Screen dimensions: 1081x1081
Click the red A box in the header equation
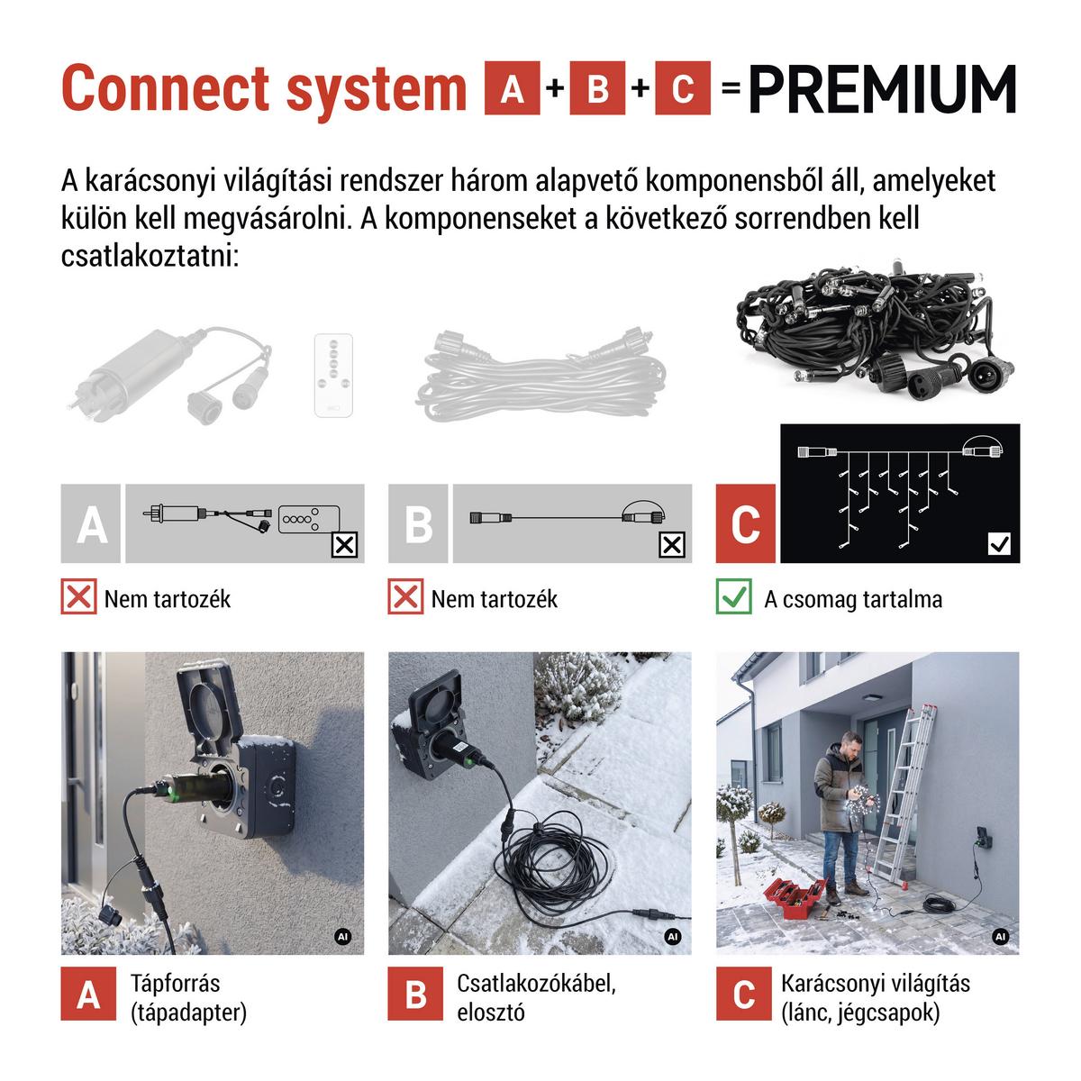click(512, 88)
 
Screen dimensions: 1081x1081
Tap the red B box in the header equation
click(597, 88)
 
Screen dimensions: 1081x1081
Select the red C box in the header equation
click(683, 88)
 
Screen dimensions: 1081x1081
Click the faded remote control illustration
click(334, 376)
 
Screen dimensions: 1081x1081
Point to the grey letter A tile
click(90, 523)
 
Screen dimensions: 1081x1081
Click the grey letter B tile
click(418, 523)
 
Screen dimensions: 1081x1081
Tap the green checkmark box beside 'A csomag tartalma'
click(734, 596)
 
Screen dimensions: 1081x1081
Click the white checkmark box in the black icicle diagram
click(999, 543)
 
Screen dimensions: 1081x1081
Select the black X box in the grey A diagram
click(344, 545)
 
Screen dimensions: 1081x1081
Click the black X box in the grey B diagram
click(671, 545)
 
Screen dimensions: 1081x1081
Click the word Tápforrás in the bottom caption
click(176, 982)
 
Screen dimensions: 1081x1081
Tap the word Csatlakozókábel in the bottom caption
click(536, 982)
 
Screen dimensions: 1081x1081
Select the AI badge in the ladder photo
click(1000, 936)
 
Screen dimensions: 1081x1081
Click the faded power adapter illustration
click(168, 373)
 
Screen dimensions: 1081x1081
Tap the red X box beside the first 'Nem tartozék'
click(78, 596)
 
